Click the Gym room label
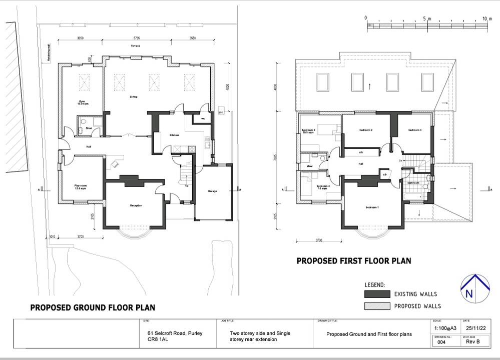[x=81, y=102]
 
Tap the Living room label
[x=134, y=96]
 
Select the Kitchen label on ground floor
[x=174, y=135]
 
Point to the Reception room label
[x=136, y=205]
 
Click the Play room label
[x=81, y=186]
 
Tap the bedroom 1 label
[x=372, y=207]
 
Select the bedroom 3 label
[x=415, y=130]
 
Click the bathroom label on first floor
[x=413, y=183]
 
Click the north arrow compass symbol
[x=475, y=288]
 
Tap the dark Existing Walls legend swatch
[x=376, y=294]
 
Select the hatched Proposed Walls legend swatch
[x=376, y=305]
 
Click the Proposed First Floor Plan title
[x=354, y=260]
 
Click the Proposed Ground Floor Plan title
[x=93, y=307]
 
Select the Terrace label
[x=136, y=46]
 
